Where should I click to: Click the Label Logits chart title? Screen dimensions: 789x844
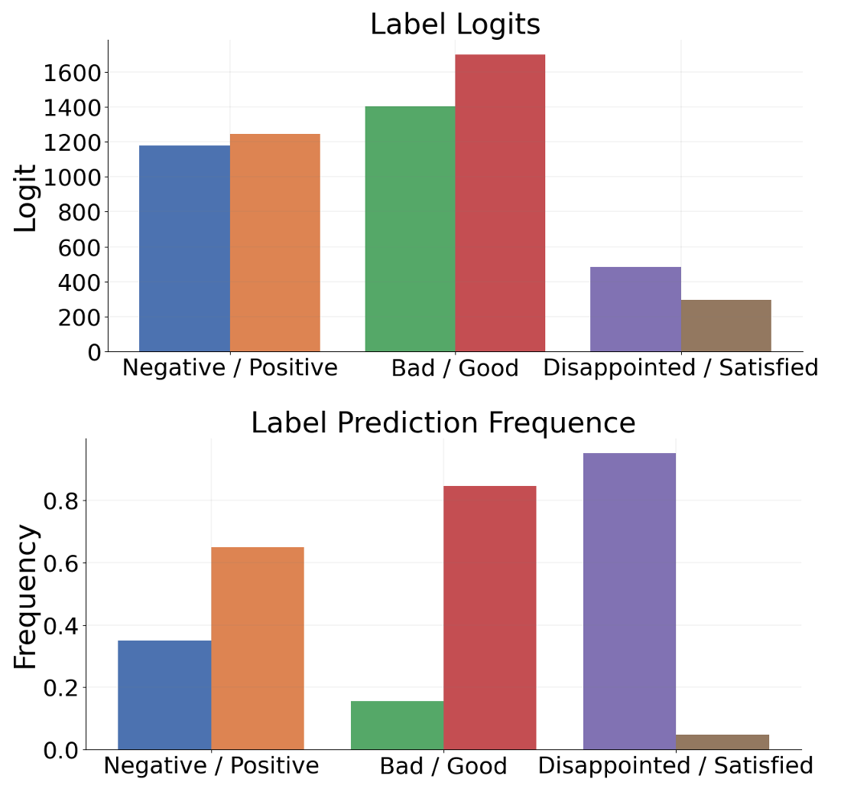[455, 24]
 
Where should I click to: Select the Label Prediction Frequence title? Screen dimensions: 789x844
[443, 422]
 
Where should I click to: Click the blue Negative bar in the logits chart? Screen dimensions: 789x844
[184, 248]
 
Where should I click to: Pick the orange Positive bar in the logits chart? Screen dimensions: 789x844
[274, 243]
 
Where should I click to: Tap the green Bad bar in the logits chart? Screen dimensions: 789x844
[410, 229]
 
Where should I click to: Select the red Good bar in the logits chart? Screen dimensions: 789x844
[500, 203]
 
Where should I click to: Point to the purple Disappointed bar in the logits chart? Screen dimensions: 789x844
[635, 309]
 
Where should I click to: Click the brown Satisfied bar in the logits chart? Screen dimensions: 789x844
[726, 326]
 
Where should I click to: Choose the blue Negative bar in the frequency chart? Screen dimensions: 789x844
[164, 695]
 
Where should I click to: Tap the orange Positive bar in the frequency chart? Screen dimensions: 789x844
[258, 648]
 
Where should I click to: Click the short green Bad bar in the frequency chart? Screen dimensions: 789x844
[397, 725]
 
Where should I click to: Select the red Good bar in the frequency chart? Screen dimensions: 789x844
[490, 618]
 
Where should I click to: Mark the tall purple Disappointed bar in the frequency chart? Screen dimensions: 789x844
[629, 601]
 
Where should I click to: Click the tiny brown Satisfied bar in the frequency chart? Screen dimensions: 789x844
[722, 742]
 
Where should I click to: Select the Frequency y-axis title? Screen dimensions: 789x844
[26, 597]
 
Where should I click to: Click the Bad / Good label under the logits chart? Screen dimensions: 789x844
[455, 368]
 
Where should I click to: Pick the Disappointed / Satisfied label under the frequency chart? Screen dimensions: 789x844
[675, 765]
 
